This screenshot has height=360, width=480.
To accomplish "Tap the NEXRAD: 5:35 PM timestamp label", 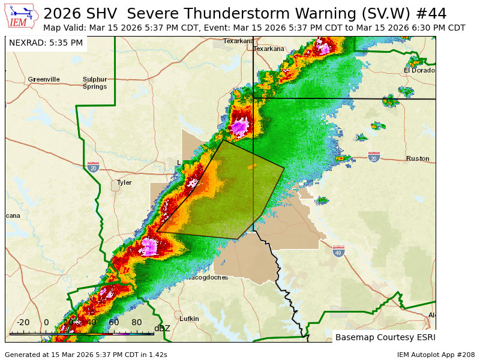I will [x=46, y=43].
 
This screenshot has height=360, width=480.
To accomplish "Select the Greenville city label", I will [x=44, y=79].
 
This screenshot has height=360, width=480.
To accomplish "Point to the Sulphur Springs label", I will [x=95, y=83].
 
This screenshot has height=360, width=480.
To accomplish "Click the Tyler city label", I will [x=124, y=182].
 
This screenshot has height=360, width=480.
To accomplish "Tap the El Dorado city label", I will [x=419, y=70].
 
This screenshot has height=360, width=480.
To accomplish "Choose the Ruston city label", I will [x=418, y=158].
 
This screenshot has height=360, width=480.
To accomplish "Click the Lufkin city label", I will [x=189, y=319].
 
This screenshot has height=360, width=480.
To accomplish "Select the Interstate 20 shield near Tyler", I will [x=93, y=167].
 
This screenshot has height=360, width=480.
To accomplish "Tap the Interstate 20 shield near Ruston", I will [x=374, y=157].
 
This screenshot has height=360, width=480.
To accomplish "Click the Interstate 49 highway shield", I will [x=339, y=251].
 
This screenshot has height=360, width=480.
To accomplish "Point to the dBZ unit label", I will [x=162, y=328].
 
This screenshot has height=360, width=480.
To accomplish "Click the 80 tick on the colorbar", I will [x=137, y=322].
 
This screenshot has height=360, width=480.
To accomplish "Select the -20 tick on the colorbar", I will [x=23, y=322].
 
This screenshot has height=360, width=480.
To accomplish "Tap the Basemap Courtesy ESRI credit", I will [x=384, y=337].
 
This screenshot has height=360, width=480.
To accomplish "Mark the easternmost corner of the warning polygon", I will [x=284, y=167].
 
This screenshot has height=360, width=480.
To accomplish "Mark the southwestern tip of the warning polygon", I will [x=157, y=232].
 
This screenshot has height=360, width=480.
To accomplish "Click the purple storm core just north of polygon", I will [x=241, y=127].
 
